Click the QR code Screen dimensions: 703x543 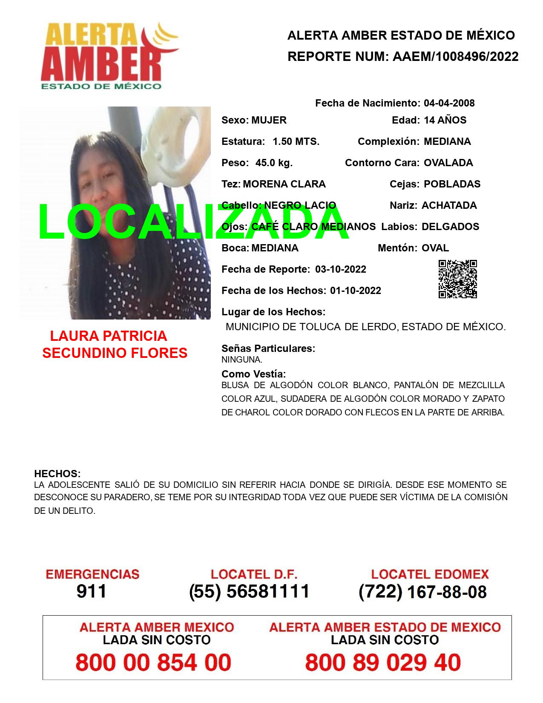pos(458,279)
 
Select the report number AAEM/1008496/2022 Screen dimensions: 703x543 pos(455,56)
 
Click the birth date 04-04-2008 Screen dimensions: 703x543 pos(449,103)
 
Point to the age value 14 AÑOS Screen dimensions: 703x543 pos(445,120)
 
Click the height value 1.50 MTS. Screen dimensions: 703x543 pos(296,141)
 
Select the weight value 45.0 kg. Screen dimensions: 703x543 pos(274,163)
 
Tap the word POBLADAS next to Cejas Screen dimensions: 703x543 pos(452,184)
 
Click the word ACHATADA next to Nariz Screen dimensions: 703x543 pos(449,205)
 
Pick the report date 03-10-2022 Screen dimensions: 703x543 pos(340,269)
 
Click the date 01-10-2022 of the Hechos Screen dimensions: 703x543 pos(355,291)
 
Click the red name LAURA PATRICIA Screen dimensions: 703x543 pos(108,336)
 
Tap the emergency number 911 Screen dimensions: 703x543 pos(91,591)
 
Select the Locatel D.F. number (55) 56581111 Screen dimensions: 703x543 pos(249,591)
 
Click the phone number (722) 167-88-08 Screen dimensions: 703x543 pos(422,591)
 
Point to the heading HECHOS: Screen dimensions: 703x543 pos(57,474)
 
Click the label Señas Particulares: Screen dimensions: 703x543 pos(268,349)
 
